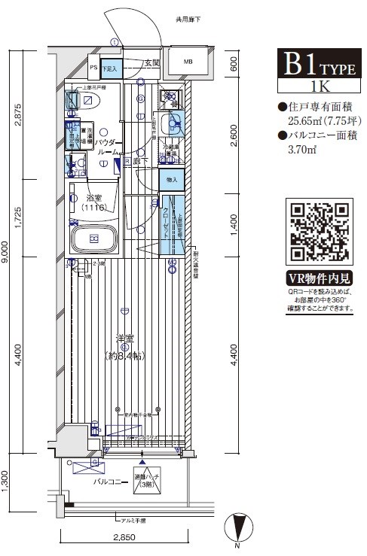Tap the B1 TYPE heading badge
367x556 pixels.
pos(319,65)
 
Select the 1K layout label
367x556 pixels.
pos(319,85)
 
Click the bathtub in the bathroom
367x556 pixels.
pos(94,240)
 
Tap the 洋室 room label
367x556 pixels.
pos(124,339)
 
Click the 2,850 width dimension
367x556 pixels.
pos(125,538)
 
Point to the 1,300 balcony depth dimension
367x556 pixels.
pos(6,477)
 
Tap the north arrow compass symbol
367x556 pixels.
pos(240,527)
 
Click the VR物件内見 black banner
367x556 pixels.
pos(320,276)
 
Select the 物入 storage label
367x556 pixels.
pos(171,179)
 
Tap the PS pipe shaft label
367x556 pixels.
pos(93,68)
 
